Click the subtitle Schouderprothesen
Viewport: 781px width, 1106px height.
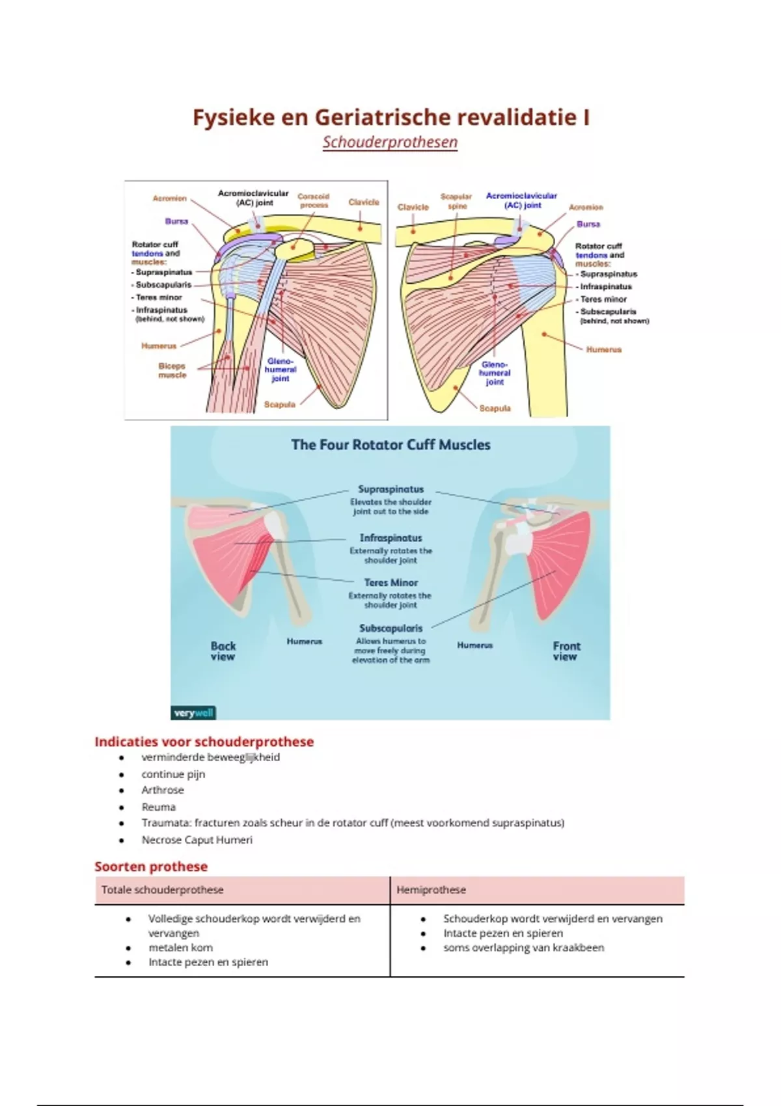(x=390, y=142)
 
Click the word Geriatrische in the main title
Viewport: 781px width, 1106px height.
(x=382, y=118)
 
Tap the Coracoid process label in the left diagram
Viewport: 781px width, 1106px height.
(x=314, y=200)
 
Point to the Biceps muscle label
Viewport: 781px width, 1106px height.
(x=172, y=370)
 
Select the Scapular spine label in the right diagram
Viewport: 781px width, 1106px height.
(x=456, y=201)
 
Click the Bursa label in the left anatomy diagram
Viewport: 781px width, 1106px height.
(x=176, y=221)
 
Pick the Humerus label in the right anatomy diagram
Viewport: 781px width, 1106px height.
(x=604, y=349)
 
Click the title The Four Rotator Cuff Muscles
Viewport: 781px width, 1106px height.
(x=390, y=445)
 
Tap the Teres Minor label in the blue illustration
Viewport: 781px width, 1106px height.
(x=391, y=583)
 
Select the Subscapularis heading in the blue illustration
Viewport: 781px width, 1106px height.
(x=391, y=628)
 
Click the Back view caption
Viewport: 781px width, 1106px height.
(x=223, y=651)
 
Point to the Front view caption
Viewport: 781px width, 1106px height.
(x=566, y=651)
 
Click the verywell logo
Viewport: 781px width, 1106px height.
(x=193, y=713)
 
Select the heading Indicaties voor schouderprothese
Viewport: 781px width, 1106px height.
(x=204, y=742)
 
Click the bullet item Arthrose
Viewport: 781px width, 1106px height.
(x=163, y=790)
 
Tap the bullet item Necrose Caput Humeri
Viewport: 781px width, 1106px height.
(x=197, y=840)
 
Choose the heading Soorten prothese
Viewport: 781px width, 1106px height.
(x=151, y=867)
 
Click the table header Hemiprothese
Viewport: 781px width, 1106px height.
(x=431, y=890)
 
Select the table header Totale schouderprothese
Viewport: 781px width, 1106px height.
(x=163, y=890)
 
